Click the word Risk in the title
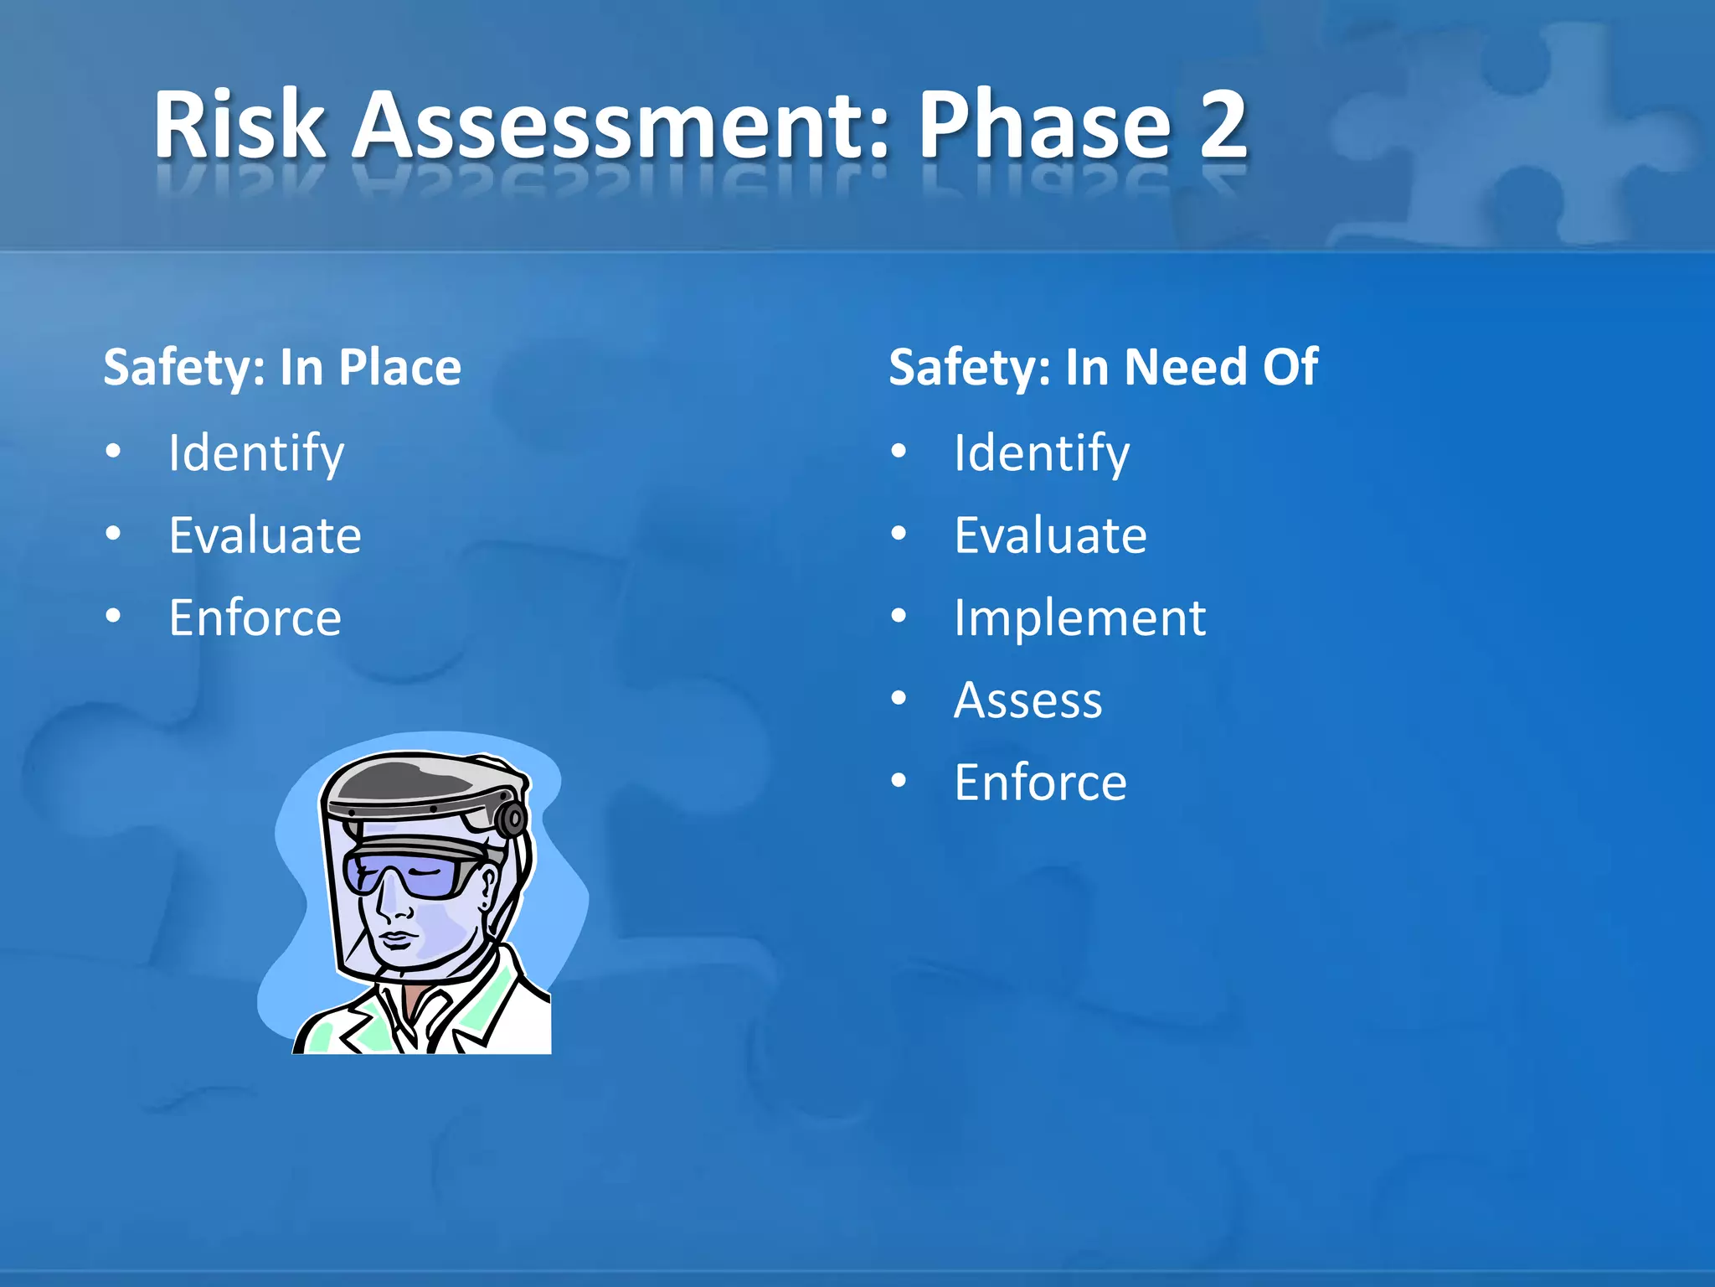[239, 126]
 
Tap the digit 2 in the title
[1222, 126]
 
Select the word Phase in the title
[1044, 126]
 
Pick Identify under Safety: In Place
[256, 453]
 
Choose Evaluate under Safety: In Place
[265, 535]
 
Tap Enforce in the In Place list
[255, 618]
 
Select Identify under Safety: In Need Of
[1042, 453]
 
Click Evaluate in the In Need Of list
[1050, 535]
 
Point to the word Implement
[1079, 618]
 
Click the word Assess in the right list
[1028, 700]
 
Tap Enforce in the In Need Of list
[1040, 783]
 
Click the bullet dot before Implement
[899, 617]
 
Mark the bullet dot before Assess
[899, 698]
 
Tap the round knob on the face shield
[511, 819]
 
